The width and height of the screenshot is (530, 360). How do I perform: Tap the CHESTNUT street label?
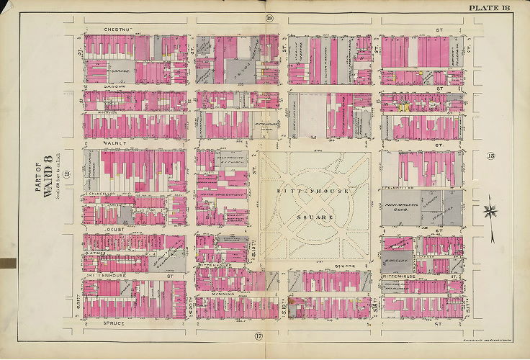tap(106, 29)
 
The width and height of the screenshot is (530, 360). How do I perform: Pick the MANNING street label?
tap(223, 295)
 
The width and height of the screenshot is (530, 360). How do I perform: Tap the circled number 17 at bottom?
tap(256, 336)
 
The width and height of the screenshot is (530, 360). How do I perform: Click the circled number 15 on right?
tap(491, 156)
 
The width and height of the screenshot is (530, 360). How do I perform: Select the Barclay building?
tap(399, 264)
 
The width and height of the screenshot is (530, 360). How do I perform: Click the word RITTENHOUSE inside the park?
tap(317, 192)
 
